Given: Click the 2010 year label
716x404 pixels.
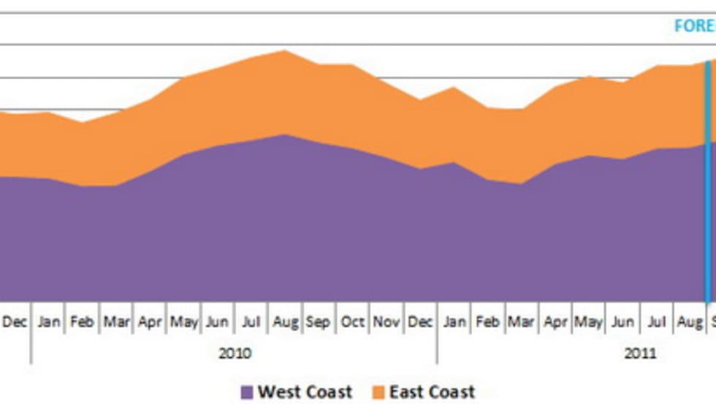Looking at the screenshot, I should coord(235,354).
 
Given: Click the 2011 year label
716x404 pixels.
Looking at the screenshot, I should coord(640,354).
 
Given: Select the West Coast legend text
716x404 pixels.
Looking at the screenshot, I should coord(305,392).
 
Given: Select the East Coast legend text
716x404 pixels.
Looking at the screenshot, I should coord(432,392).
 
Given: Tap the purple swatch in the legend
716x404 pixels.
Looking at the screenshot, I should coord(247,393).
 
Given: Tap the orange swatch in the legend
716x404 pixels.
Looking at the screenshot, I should coord(378,393).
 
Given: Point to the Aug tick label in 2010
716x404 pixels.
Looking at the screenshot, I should coord(284,322).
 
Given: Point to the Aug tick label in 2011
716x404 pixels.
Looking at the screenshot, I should coord(689,322).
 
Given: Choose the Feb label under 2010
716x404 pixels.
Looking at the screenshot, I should coord(82,322).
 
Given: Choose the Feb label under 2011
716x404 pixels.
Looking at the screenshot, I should coord(487,322).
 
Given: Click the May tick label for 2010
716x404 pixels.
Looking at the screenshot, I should coord(183,322).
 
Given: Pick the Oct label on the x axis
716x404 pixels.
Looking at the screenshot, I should coord(352,322).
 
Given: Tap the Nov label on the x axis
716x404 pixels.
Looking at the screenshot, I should coord(386,322).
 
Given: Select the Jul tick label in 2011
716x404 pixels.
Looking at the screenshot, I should coord(656,322).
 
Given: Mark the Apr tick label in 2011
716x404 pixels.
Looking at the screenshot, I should coord(555,322).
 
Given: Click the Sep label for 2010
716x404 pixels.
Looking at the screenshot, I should coord(318,322).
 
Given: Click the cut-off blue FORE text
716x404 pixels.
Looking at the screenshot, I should coord(694,26).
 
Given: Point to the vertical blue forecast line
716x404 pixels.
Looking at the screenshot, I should coord(707,183).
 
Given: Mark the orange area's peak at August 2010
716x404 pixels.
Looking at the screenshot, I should coord(284,51).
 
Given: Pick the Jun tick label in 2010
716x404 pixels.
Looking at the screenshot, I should coord(217,322).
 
